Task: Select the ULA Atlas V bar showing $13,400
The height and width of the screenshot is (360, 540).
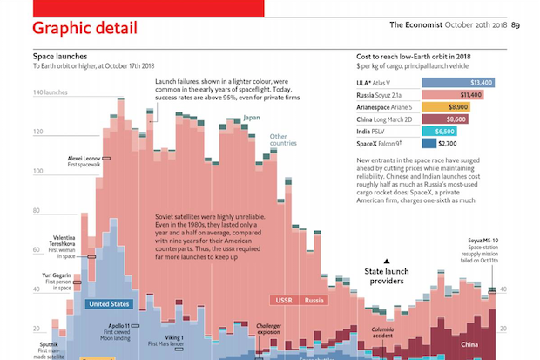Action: [458, 82]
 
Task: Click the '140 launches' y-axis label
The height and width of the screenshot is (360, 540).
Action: [50, 92]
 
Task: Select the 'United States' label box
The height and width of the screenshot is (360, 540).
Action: [109, 304]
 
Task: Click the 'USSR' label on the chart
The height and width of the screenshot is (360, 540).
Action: [284, 301]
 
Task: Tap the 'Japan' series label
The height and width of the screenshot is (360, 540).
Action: [252, 118]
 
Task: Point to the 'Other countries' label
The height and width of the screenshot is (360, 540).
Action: [278, 140]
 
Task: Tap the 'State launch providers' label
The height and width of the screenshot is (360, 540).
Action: [390, 277]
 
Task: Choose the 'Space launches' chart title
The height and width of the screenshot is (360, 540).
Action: [59, 55]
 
